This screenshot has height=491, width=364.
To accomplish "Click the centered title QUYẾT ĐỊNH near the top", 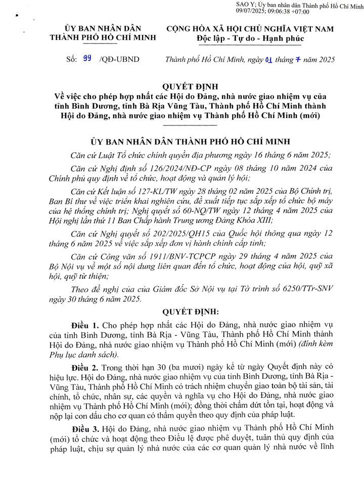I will tap(182, 86).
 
